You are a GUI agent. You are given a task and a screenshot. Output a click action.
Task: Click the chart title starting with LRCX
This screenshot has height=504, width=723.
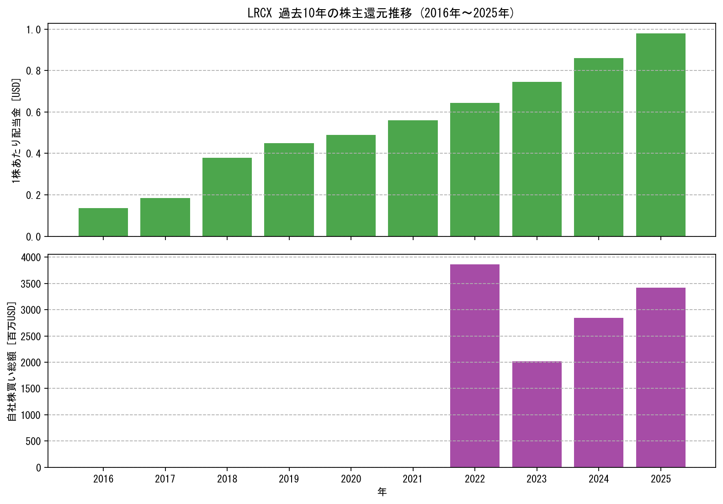coord(381,13)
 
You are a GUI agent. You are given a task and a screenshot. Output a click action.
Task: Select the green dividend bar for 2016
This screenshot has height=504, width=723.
coord(103,222)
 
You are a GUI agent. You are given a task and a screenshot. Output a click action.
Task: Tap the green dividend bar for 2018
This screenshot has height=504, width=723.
coord(227,197)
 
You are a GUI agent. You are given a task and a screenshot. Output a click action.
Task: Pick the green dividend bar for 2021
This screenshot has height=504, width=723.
coord(413,178)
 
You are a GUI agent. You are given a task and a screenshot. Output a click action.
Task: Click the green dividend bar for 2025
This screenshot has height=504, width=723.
coord(661,135)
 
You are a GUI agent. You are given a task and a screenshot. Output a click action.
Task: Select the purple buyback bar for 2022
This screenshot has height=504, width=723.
coord(475,366)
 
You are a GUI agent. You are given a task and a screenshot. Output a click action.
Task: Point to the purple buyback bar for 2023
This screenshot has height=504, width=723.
coord(537,414)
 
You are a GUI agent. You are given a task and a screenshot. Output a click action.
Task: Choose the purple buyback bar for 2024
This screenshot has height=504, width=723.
coord(599,393)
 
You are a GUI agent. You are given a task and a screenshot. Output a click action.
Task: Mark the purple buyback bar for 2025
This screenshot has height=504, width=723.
coord(661,378)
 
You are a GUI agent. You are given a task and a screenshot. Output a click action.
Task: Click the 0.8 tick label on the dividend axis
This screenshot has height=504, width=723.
coord(33,71)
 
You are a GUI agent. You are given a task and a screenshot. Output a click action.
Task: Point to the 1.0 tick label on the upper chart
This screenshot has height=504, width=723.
coord(33,30)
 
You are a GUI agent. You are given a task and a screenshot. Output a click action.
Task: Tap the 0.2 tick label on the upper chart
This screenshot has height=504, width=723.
coord(33,195)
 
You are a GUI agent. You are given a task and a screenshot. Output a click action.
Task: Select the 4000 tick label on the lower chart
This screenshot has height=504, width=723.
coord(31,258)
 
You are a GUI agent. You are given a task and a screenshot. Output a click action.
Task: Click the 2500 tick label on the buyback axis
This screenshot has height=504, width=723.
coord(31,337)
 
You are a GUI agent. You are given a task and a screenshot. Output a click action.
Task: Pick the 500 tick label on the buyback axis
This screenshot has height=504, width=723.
coord(33,441)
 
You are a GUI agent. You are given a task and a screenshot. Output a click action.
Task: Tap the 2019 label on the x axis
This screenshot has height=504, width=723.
coord(289,479)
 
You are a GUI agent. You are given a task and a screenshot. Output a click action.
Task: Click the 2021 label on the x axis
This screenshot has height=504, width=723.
coord(413,479)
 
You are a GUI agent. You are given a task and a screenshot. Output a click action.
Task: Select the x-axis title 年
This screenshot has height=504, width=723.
coord(382,492)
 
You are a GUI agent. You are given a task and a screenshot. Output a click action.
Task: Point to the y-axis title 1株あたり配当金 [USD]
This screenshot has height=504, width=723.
coord(16,130)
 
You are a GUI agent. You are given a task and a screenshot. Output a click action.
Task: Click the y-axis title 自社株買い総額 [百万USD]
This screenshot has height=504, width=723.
coord(11,361)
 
